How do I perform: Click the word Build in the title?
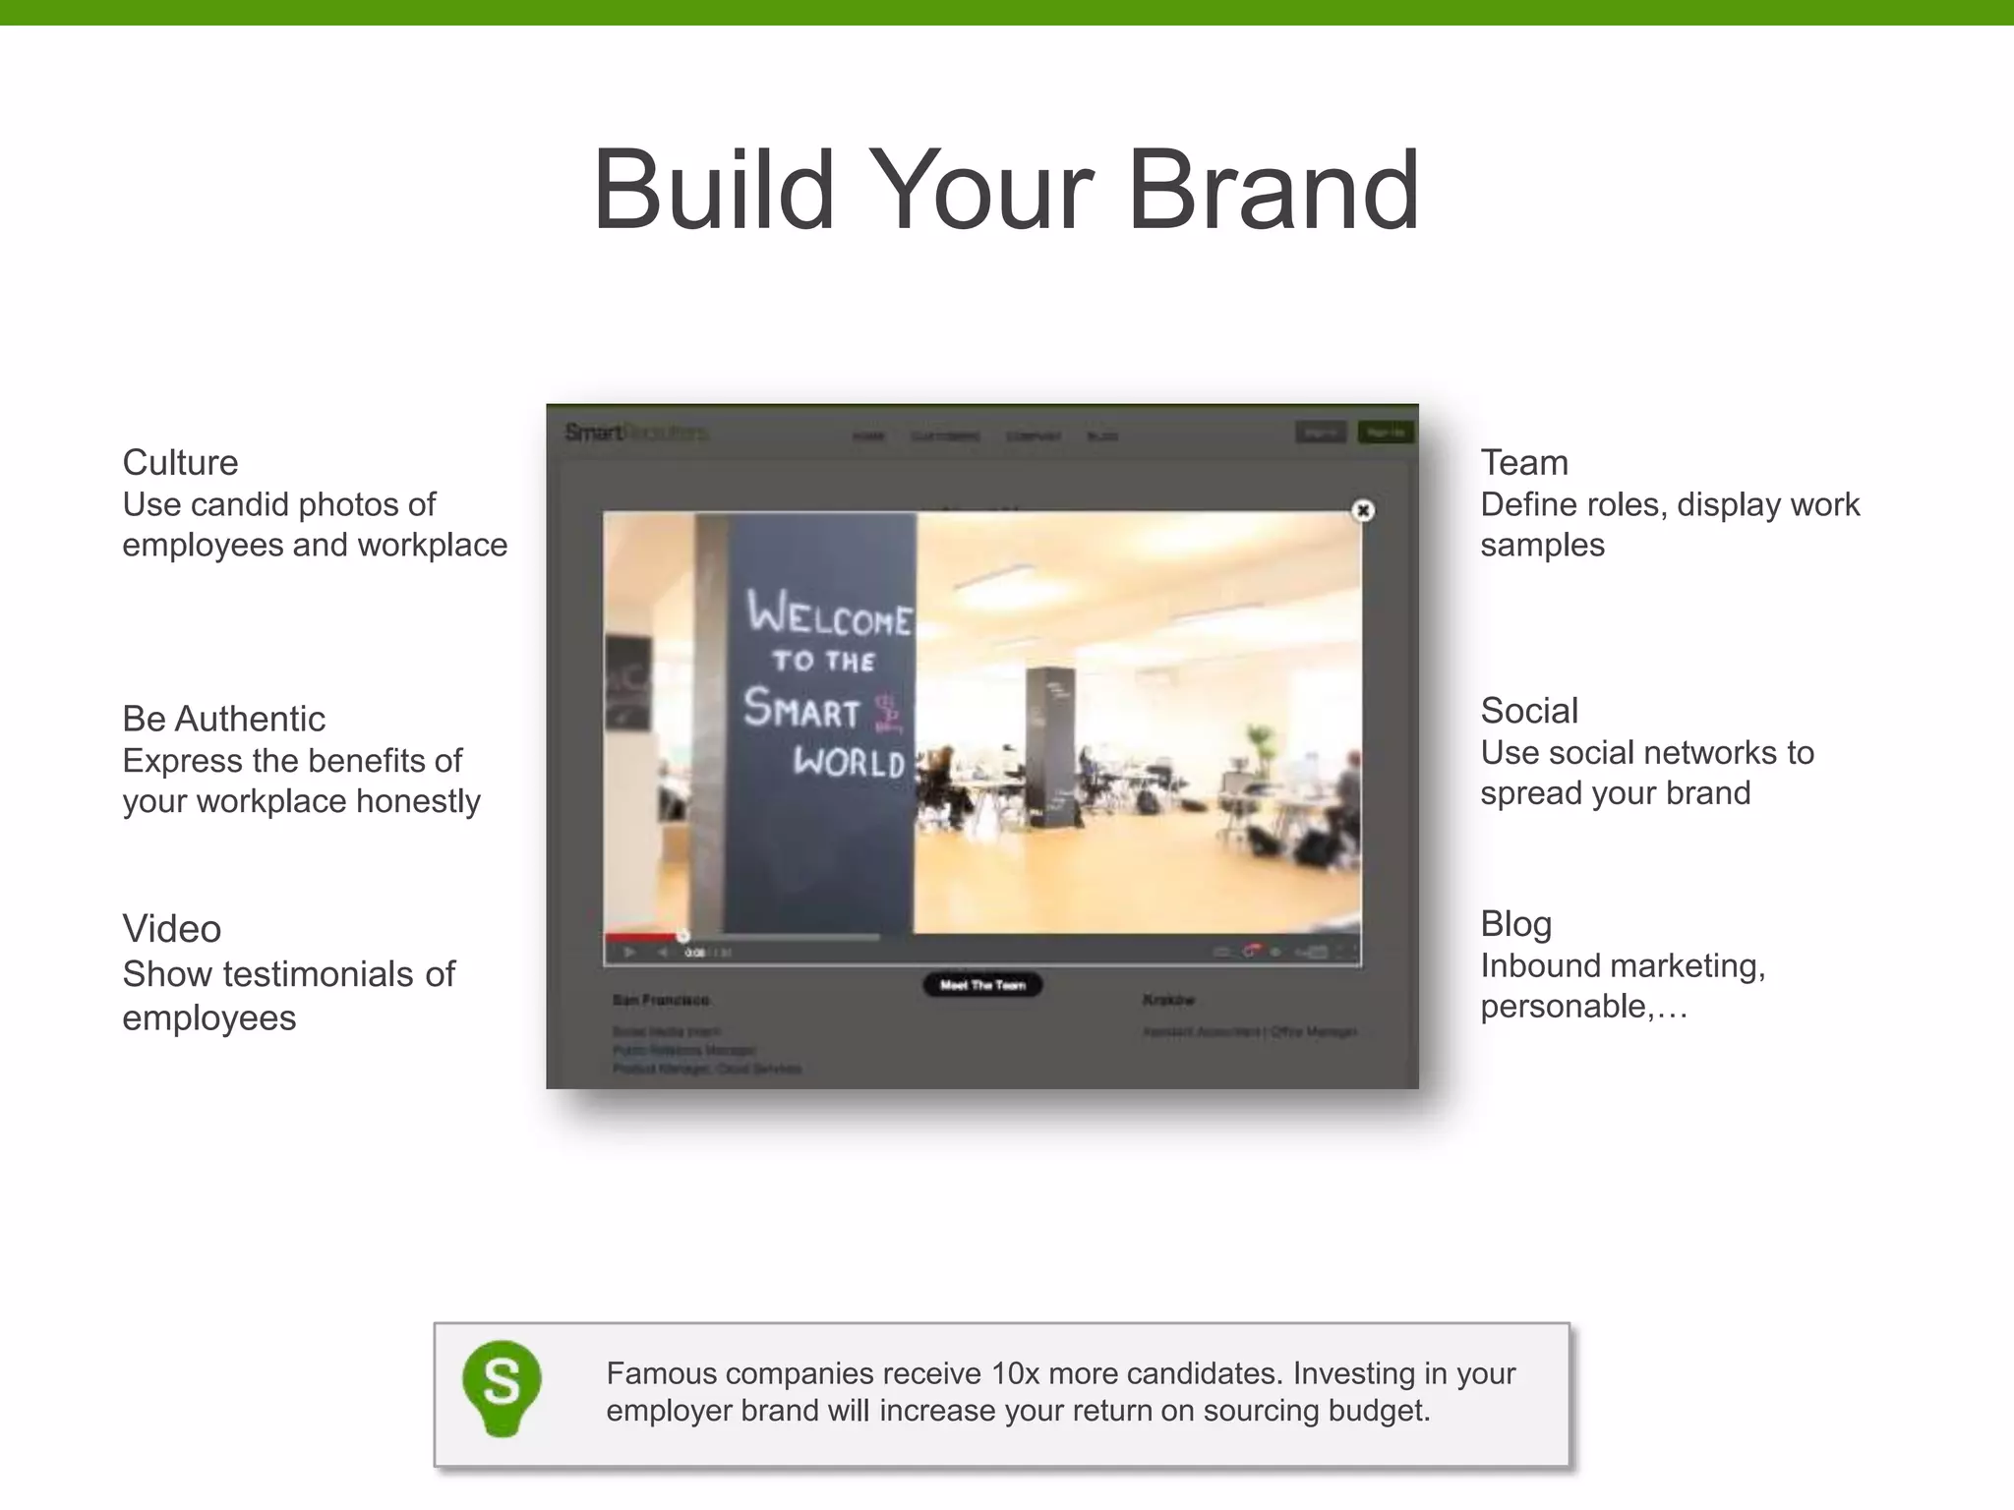(x=713, y=190)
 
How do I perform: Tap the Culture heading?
(x=180, y=462)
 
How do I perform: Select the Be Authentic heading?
(x=223, y=719)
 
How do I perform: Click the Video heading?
(x=171, y=929)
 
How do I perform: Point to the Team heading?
(x=1524, y=462)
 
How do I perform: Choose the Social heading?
(x=1529, y=711)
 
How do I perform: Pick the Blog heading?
(x=1515, y=924)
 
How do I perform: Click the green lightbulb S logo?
(x=502, y=1387)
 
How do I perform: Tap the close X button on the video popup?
(x=1363, y=510)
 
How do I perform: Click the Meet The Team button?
(x=982, y=985)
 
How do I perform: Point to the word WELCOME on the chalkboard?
(x=829, y=614)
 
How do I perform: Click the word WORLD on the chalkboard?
(x=849, y=762)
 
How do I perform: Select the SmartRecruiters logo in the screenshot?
(x=635, y=433)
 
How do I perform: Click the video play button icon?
(x=629, y=952)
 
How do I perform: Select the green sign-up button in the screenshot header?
(x=1385, y=433)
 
